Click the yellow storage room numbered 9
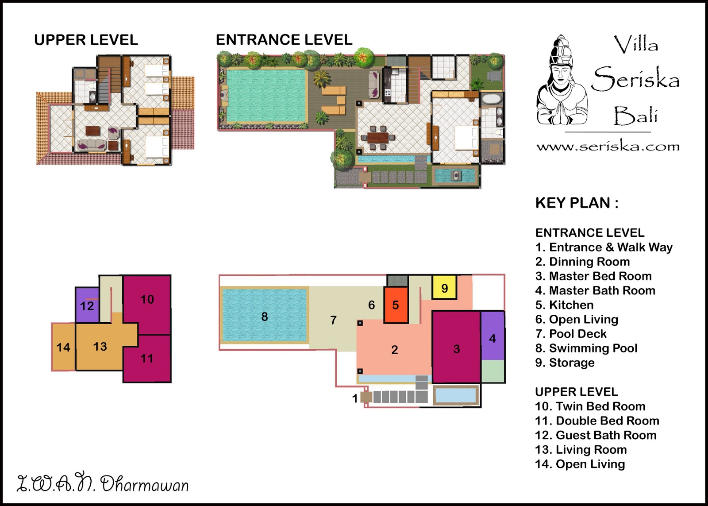(444, 287)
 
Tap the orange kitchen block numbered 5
(396, 305)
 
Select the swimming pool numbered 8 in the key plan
(265, 315)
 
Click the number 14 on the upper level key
(63, 347)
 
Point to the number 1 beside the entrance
(355, 398)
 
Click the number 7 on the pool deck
(333, 320)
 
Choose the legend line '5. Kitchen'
(564, 305)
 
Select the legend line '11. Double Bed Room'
(597, 421)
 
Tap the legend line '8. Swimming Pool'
(586, 348)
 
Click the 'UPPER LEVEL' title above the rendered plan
(86, 40)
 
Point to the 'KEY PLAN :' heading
(577, 203)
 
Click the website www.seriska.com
(608, 147)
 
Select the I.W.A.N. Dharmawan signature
(103, 484)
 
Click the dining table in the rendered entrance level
(378, 138)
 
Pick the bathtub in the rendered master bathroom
(492, 99)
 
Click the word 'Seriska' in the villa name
(635, 79)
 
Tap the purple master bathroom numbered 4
(493, 336)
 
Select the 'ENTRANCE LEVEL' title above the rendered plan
(284, 40)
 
